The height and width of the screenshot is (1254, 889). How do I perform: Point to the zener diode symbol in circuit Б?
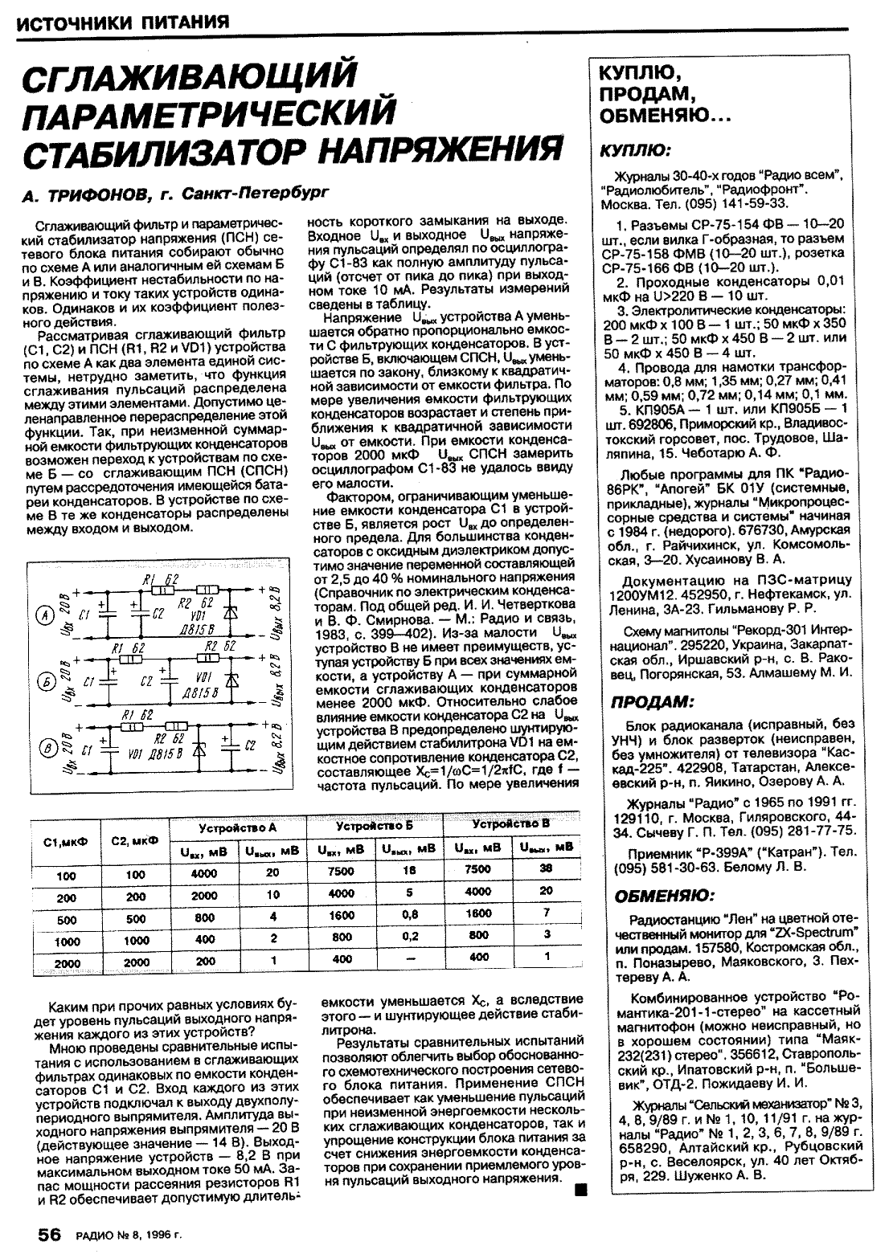[233, 681]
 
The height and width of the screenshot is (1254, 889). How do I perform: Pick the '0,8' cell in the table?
[411, 914]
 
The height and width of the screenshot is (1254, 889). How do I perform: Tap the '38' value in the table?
[546, 868]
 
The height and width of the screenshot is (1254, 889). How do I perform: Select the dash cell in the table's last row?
[411, 958]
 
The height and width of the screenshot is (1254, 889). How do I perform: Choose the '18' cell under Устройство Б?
[410, 869]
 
